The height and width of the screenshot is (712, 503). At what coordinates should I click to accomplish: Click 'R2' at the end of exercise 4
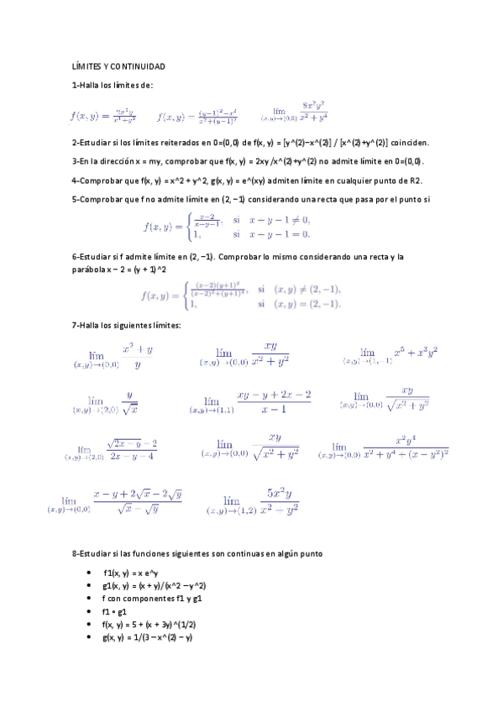pyautogui.click(x=416, y=180)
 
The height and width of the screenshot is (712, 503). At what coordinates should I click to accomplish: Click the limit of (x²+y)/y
pyautogui.click(x=108, y=357)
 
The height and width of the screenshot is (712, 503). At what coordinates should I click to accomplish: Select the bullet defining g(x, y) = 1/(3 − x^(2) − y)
pyautogui.click(x=147, y=637)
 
